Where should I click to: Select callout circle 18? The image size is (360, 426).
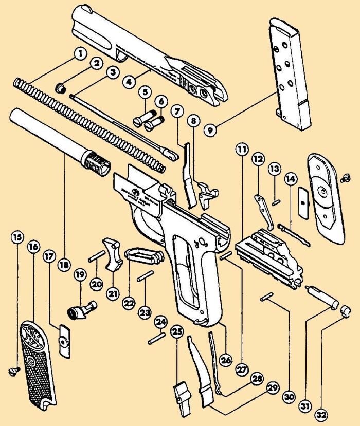pyautogui.click(x=64, y=266)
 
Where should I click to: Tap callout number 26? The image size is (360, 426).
pyautogui.click(x=224, y=359)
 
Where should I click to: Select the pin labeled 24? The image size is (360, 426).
pyautogui.click(x=156, y=339)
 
